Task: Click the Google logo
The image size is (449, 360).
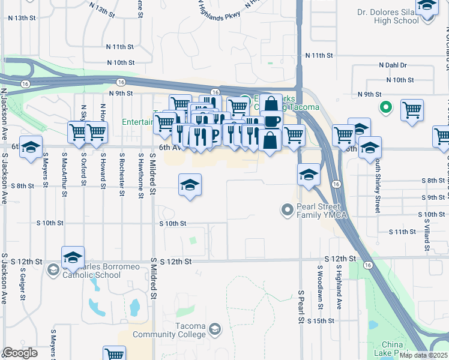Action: (20, 353)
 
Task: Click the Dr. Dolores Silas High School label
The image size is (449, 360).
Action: (387, 16)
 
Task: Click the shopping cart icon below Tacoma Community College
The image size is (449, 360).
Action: (114, 354)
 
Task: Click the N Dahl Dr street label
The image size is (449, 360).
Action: (393, 65)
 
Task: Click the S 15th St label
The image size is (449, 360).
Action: (320, 322)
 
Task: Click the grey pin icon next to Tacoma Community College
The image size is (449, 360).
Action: (214, 329)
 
